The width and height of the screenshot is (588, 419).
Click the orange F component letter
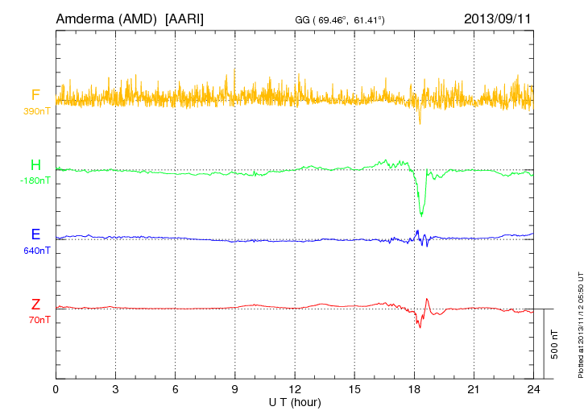(x=35, y=96)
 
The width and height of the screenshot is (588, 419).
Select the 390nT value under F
(x=37, y=110)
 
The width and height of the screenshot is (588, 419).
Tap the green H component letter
(x=35, y=166)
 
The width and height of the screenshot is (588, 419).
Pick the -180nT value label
(x=35, y=180)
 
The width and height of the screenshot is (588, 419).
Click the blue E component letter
(x=35, y=234)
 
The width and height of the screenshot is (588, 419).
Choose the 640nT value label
(x=37, y=250)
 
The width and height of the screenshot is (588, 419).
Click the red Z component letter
(x=35, y=305)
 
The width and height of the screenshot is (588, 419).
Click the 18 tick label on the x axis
(x=414, y=390)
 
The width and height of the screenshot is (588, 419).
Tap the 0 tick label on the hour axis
(x=56, y=390)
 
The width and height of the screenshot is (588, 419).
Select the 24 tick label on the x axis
(x=533, y=390)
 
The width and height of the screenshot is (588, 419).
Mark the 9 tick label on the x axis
(x=235, y=390)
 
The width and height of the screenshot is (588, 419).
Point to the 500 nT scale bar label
(x=555, y=344)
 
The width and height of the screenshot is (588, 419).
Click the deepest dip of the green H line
(x=421, y=215)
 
